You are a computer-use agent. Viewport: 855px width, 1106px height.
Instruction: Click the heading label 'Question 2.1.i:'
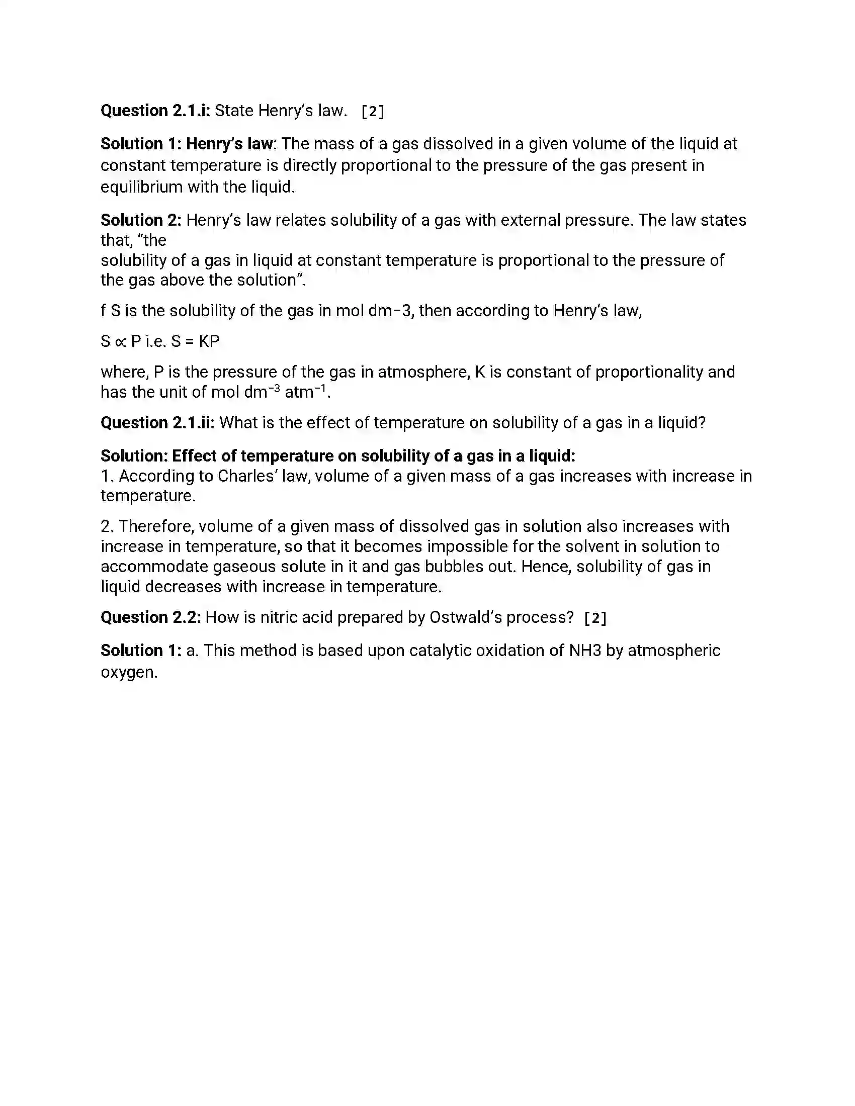click(155, 111)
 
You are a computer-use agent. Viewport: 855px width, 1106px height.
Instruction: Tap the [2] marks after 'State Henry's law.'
click(373, 112)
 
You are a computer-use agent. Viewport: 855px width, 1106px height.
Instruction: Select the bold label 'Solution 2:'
click(140, 220)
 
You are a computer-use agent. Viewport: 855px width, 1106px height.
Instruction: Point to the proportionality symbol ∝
click(120, 341)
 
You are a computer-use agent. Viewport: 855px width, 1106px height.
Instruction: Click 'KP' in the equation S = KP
click(209, 341)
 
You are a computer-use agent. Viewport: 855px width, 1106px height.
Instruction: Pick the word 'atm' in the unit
click(299, 392)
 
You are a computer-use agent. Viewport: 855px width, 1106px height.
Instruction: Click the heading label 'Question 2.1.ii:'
click(157, 422)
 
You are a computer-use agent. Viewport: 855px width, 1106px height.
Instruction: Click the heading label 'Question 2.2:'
click(150, 617)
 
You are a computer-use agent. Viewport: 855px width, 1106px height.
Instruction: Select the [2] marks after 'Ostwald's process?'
click(595, 618)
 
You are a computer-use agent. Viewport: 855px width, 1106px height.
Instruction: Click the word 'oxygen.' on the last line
click(129, 672)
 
